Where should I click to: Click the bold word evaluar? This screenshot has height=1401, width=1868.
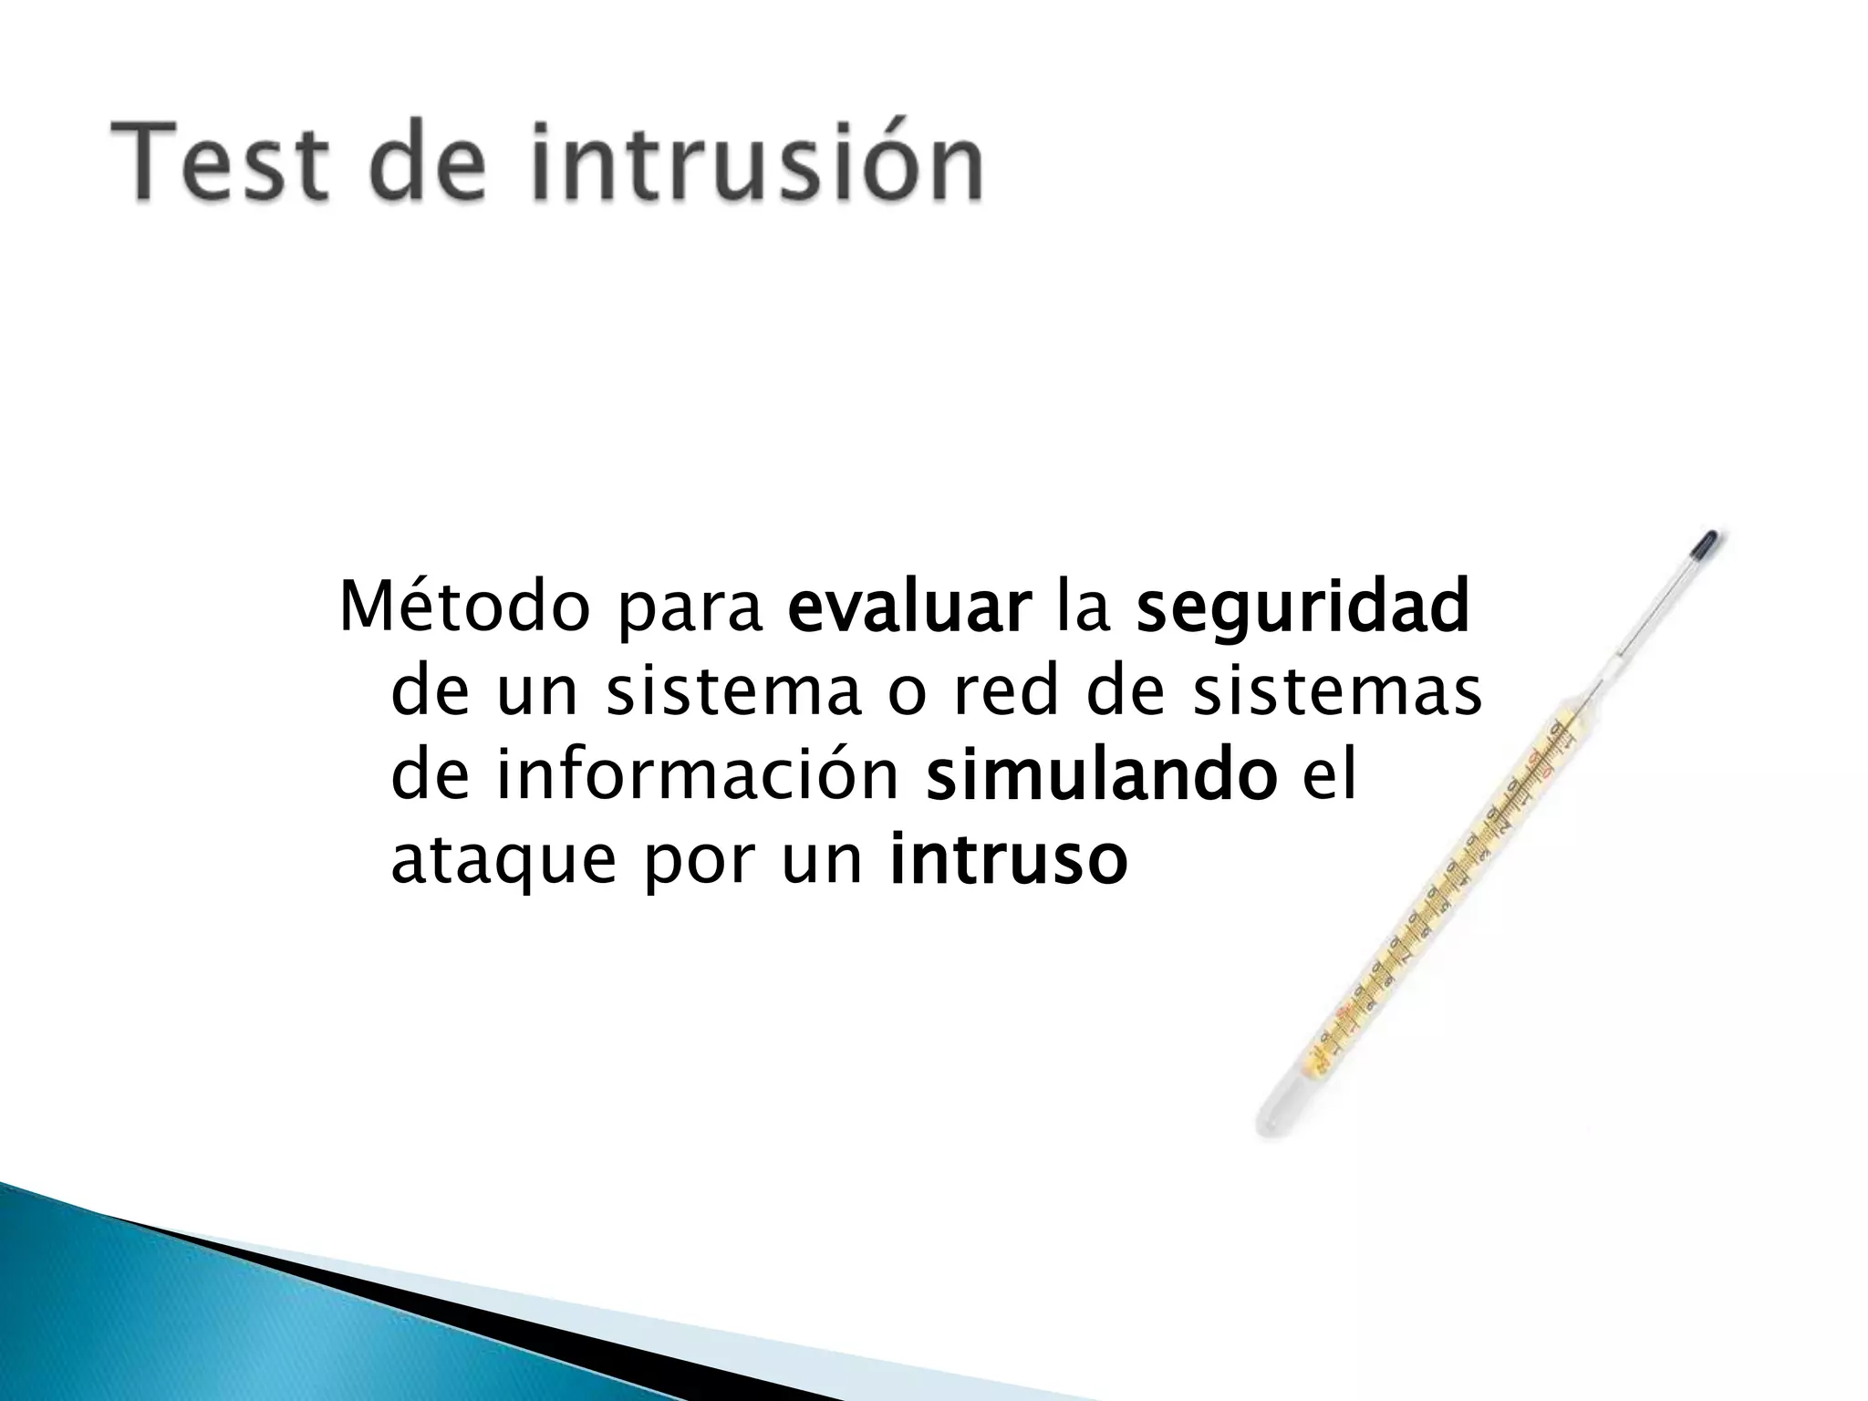[909, 607]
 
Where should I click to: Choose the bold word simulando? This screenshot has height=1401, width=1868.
[1101, 777]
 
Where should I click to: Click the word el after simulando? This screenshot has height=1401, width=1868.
[1330, 775]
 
